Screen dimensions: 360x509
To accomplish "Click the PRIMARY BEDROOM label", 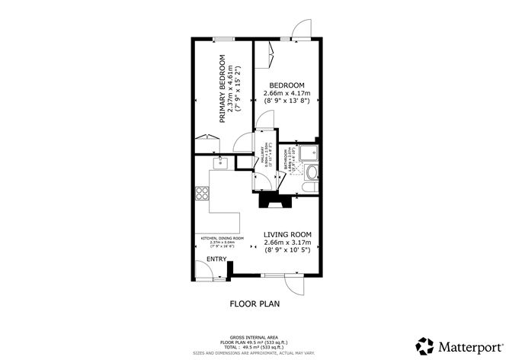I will (222, 89).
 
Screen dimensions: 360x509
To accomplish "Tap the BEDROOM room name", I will (286, 85).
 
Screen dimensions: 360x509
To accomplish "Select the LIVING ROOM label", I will (288, 235).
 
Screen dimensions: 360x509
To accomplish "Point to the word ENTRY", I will (216, 259).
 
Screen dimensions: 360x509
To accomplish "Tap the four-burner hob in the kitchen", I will (202, 194).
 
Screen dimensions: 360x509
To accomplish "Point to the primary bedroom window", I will (222, 37).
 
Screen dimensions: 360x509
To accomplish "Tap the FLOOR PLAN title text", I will (255, 304).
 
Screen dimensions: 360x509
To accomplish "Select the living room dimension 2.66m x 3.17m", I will (288, 243).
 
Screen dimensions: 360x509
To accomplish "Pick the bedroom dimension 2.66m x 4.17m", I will (286, 93).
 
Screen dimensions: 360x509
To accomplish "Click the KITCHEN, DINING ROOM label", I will (222, 238).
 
